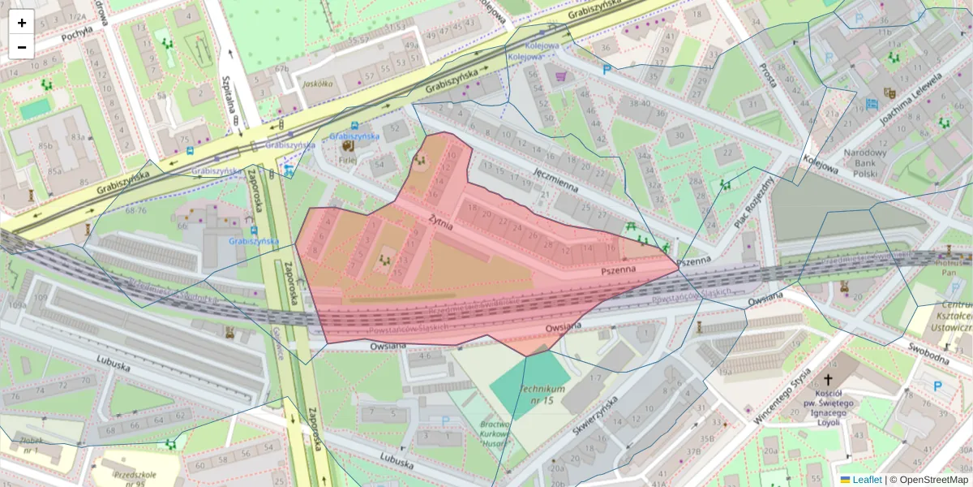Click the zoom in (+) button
pyautogui.click(x=21, y=22)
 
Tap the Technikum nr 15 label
pyautogui.click(x=542, y=394)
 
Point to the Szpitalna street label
pyautogui.click(x=229, y=96)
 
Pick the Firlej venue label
pyautogui.click(x=348, y=161)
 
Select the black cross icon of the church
pyautogui.click(x=828, y=379)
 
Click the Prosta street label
pyautogui.click(x=766, y=73)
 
